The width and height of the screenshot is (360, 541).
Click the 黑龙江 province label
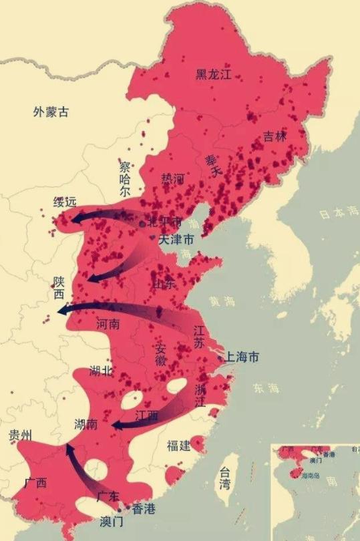213,75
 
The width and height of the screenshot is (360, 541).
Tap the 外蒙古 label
51,112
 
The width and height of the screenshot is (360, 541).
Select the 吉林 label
275,136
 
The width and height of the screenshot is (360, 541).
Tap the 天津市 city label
176,239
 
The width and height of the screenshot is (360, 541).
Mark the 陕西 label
59,288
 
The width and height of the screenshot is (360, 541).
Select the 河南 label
108,324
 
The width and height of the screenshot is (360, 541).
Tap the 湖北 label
101,371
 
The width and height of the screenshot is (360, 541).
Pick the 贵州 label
20,435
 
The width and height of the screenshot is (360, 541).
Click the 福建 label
179,445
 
